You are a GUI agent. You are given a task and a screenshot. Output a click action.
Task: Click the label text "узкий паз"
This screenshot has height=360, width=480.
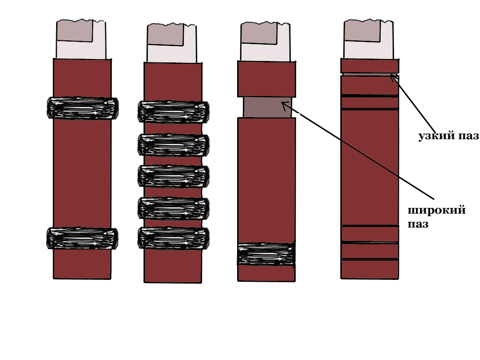pos(448,136)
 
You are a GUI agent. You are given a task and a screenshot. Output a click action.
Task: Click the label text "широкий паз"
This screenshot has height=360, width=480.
pos(436,217)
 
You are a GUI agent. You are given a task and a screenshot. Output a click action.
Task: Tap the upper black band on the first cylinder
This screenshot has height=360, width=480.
pos(83,108)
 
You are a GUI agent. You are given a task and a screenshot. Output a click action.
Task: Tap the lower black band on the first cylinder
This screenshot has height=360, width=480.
pos(82,238)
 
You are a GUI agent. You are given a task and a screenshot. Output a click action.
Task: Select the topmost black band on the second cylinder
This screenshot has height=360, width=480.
pos(173,112)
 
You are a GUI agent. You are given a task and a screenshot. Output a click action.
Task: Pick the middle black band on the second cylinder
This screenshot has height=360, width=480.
pos(173,176)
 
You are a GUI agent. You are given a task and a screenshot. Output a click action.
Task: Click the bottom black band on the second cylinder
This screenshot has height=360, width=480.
pos(173,238)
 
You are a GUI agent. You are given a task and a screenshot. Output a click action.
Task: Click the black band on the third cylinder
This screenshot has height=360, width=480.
pos(266,254)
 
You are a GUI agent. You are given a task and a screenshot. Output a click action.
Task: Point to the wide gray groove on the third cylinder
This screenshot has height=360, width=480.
pos(267,107)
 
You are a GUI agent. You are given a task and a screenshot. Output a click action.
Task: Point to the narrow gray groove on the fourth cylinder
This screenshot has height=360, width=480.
pos(367,74)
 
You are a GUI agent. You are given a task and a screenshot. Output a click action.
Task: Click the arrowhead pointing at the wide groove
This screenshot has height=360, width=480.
pos(284,104)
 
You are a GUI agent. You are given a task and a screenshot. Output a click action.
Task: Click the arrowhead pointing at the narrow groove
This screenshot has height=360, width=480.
pos(393,76)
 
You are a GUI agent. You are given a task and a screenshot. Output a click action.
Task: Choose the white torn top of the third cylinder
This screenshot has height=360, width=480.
pos(265,41)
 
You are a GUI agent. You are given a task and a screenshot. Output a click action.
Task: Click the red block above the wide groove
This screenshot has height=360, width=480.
pos(266,79)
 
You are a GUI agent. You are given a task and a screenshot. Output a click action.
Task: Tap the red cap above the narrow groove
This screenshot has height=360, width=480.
pos(370,65)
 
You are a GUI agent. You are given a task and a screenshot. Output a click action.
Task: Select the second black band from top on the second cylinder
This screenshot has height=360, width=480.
pos(173,145)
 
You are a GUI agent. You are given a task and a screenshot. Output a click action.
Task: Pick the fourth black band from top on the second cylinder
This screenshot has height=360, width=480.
pos(173,208)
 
